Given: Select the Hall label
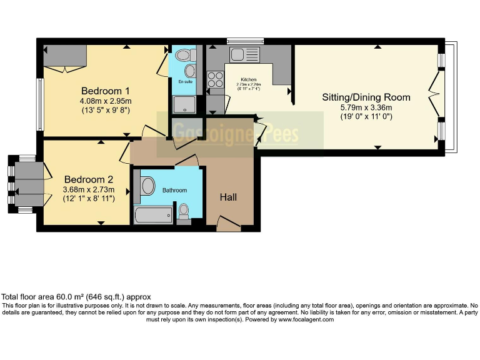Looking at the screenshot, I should click(x=228, y=197).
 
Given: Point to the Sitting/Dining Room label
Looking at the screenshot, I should click(x=366, y=97).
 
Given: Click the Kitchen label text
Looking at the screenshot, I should click(x=249, y=80).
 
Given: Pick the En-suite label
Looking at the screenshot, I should click(x=185, y=82).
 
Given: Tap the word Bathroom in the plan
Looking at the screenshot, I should click(x=174, y=190).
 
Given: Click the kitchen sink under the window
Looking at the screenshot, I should click(x=239, y=55).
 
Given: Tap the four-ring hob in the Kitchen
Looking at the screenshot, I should click(x=215, y=79).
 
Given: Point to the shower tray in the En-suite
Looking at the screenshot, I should click(x=184, y=104).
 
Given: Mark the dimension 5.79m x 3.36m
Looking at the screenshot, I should click(x=366, y=107).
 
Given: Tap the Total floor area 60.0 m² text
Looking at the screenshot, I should click(x=76, y=297).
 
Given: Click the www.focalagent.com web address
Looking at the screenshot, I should click(x=305, y=319).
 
